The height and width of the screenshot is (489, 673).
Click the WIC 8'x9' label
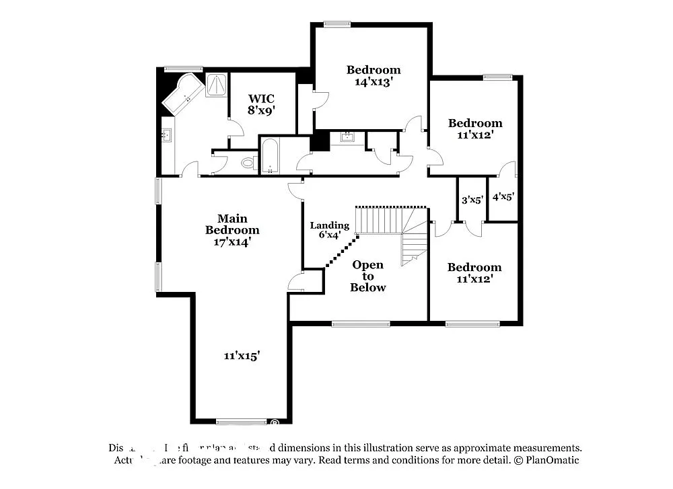(x=262, y=104)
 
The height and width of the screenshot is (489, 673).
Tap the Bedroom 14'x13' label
(x=374, y=75)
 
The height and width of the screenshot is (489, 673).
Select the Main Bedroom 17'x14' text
(x=232, y=230)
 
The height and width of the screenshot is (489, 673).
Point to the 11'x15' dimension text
(x=242, y=355)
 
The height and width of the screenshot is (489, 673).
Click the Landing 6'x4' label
(x=329, y=230)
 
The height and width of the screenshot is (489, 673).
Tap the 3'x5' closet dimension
(x=472, y=199)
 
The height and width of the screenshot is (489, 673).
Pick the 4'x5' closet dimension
(x=503, y=197)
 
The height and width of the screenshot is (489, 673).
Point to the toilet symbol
(x=248, y=162)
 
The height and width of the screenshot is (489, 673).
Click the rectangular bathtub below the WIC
(x=270, y=156)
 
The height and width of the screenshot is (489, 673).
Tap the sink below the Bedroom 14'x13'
(x=347, y=138)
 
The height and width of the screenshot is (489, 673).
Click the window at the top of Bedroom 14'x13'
(x=336, y=24)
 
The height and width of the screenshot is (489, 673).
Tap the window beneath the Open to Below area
(x=361, y=324)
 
